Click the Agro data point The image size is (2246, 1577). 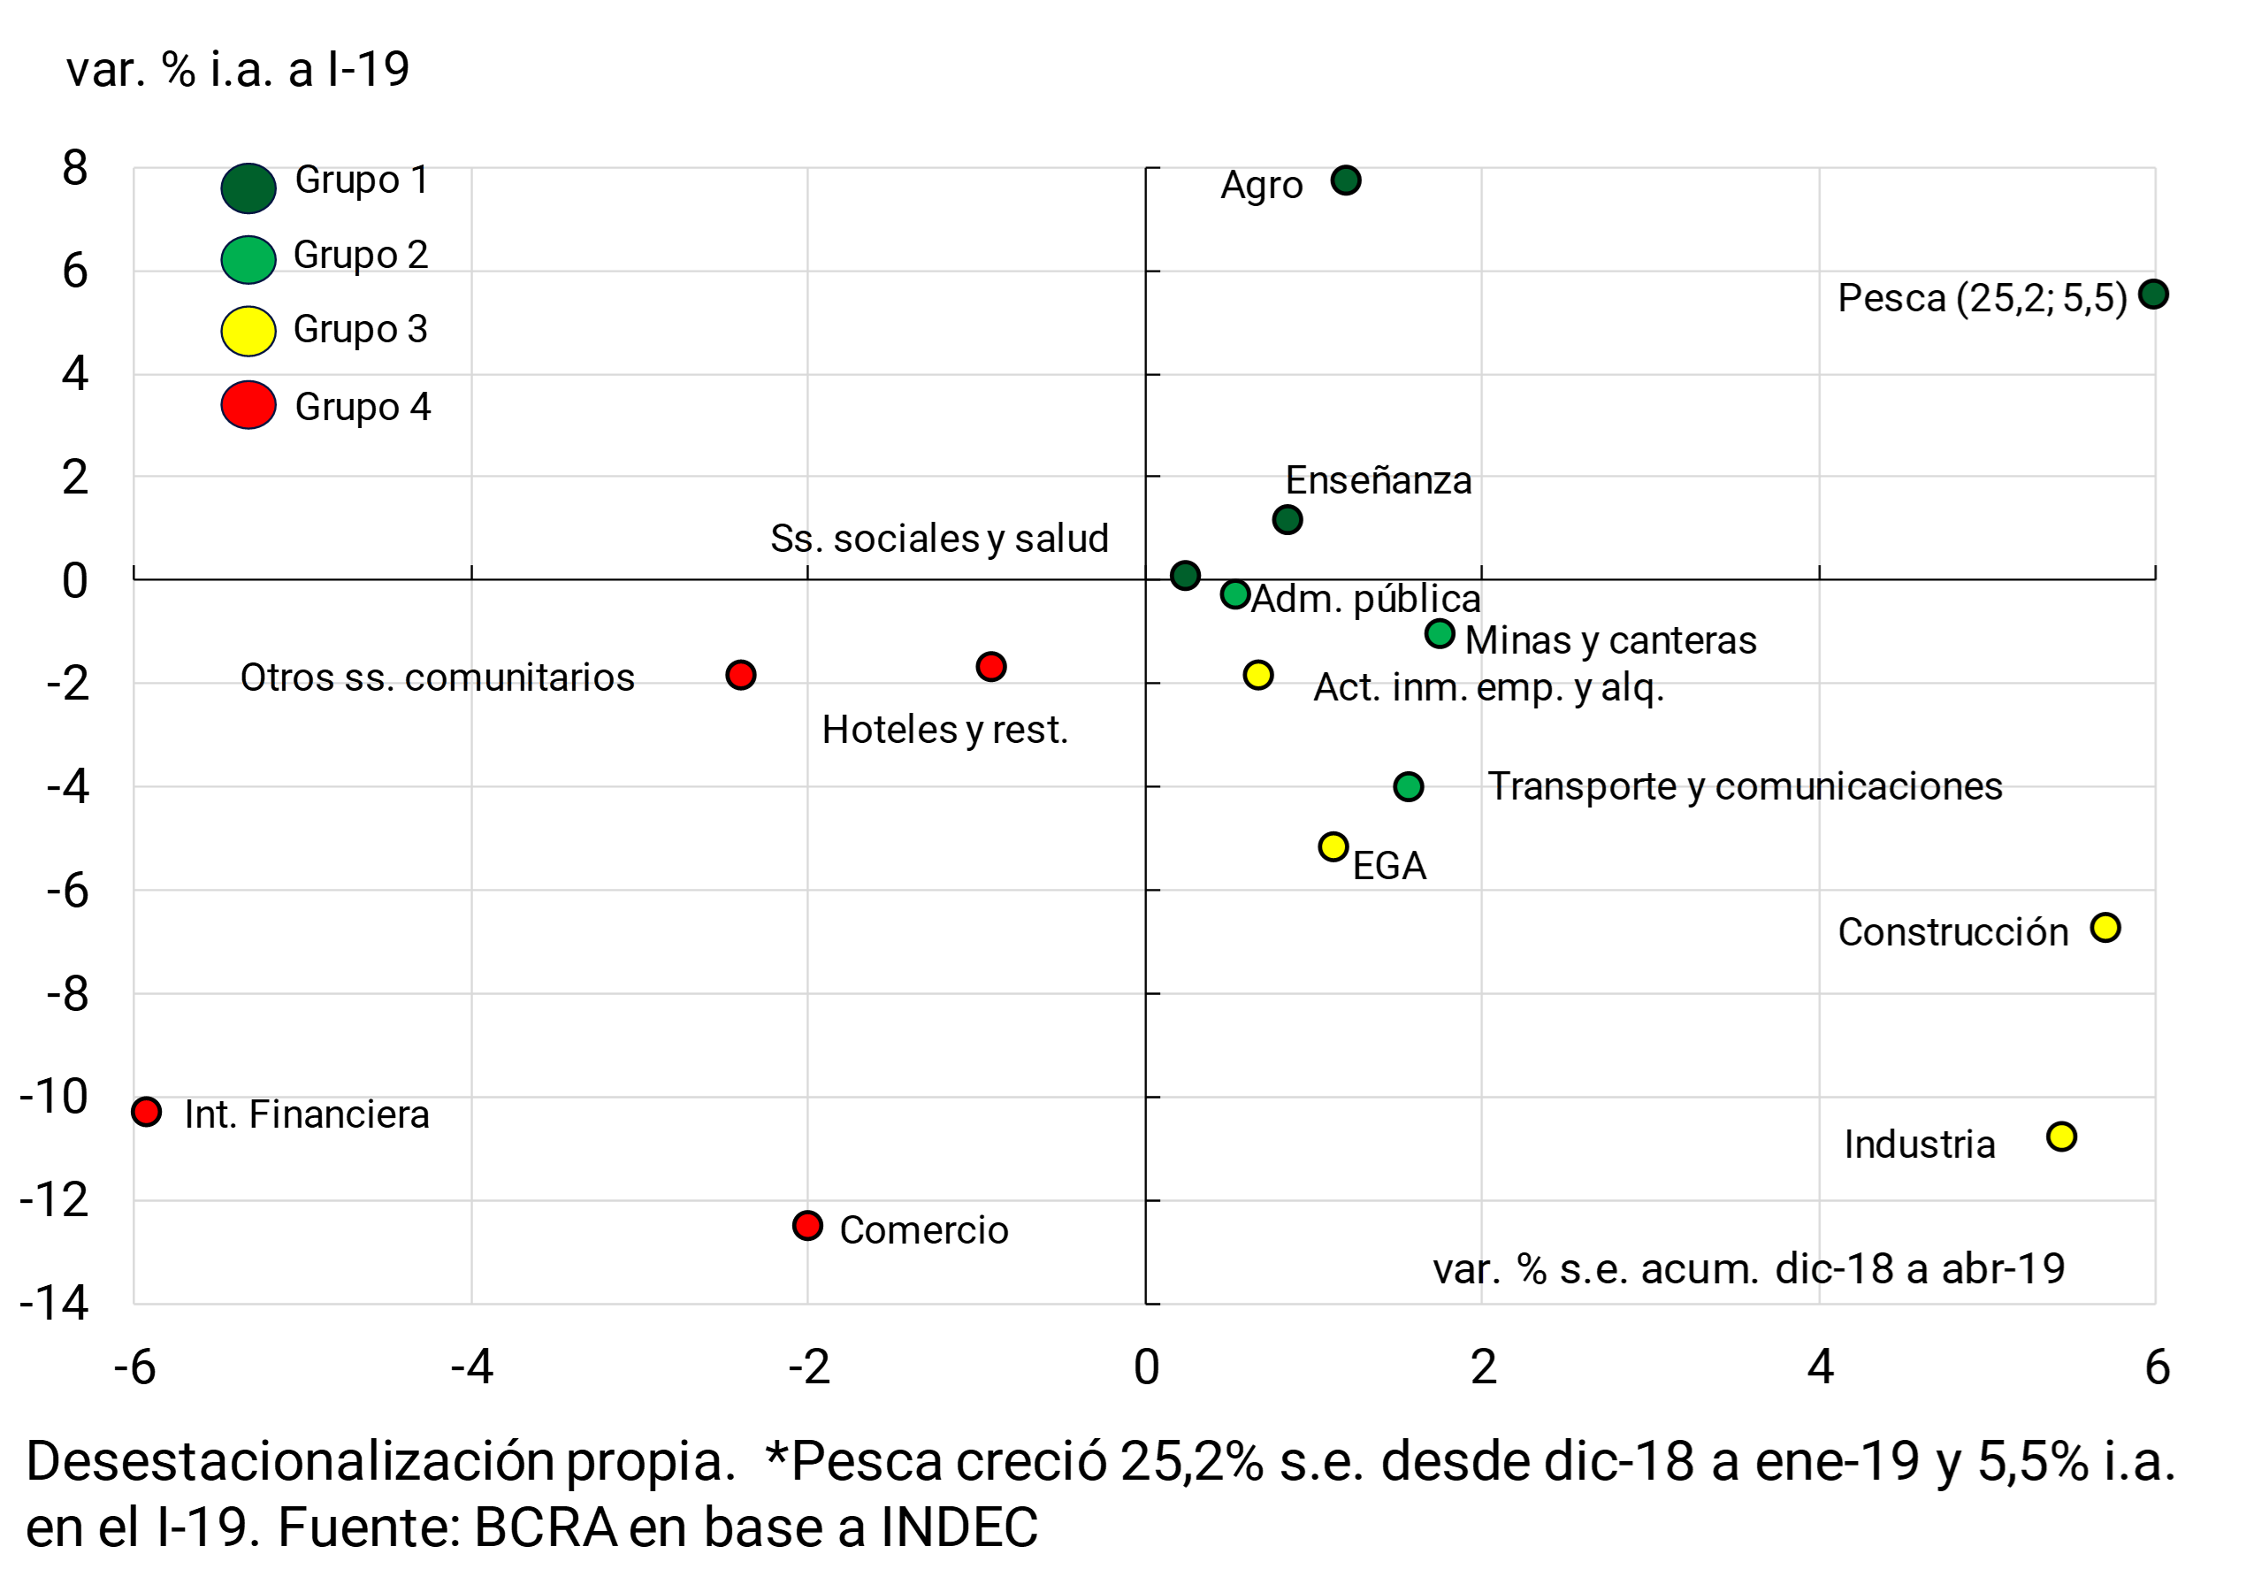tap(1346, 180)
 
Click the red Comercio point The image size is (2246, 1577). tap(807, 1225)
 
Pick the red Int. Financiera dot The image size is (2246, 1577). tap(147, 1112)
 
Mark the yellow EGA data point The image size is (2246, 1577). tap(1333, 846)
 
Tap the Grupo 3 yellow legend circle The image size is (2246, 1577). tap(248, 331)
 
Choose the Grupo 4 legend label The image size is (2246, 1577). tap(363, 406)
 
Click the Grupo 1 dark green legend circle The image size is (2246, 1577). tap(248, 188)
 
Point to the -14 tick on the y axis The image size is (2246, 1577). tap(55, 1303)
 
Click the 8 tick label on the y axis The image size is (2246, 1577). tap(74, 167)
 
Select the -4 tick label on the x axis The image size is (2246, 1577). tap(470, 1366)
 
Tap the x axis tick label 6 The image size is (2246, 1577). tap(2157, 1366)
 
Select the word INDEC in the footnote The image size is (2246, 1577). tap(959, 1527)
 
